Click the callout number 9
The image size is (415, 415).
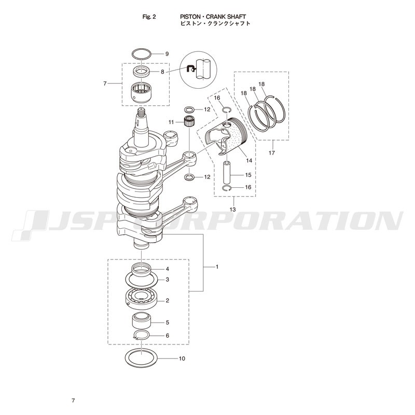[167, 54]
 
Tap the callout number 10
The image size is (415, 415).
[182, 358]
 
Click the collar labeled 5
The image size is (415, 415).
[142, 321]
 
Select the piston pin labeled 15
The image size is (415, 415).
[227, 173]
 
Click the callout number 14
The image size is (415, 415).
[249, 161]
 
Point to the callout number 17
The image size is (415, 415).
[272, 153]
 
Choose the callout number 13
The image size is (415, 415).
[232, 210]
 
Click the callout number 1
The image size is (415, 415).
[217, 267]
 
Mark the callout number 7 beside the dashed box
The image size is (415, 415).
[105, 84]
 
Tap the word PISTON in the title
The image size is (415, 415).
[190, 17]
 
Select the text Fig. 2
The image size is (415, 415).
[149, 17]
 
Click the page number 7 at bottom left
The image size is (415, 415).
[73, 400]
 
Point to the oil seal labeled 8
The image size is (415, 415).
[141, 72]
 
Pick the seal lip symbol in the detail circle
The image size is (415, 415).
[191, 70]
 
